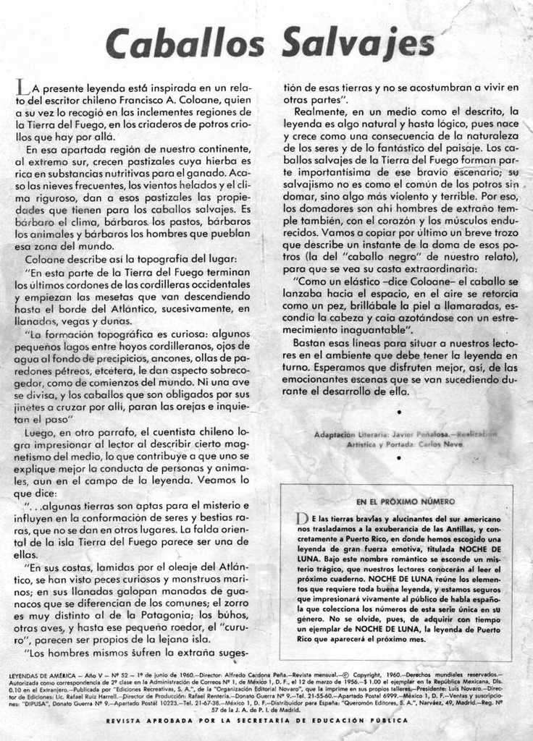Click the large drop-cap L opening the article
pyautogui.click(x=21, y=88)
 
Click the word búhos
pyautogui.click(x=230, y=614)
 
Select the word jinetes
pyautogui.click(x=33, y=407)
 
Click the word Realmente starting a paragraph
pyautogui.click(x=321, y=111)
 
